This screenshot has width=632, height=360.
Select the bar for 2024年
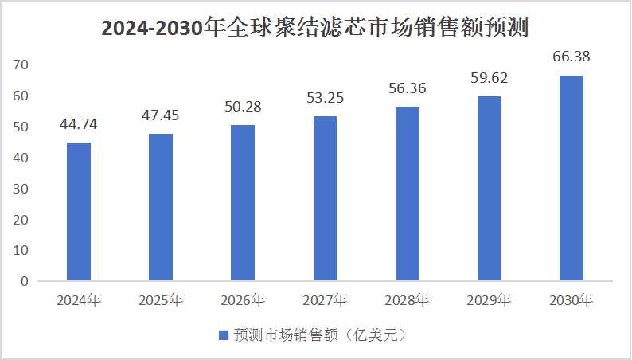[x=79, y=212]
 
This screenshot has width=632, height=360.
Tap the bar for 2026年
[x=243, y=203]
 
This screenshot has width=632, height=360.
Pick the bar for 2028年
[x=407, y=194]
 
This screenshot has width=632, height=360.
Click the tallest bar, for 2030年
[x=572, y=178]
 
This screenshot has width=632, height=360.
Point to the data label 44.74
[x=79, y=124]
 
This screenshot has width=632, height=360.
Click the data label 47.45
[x=161, y=115]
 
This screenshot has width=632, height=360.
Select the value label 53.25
[x=325, y=98]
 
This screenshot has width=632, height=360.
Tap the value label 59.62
[x=489, y=78]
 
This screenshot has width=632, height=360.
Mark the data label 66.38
[x=572, y=57]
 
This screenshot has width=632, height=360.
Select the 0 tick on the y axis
[x=24, y=281]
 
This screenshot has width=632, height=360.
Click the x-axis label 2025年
[x=161, y=301]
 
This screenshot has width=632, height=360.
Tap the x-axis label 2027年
[x=325, y=301]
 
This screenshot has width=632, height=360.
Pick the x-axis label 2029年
[x=489, y=301]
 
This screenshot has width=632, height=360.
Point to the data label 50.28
[x=243, y=107]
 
